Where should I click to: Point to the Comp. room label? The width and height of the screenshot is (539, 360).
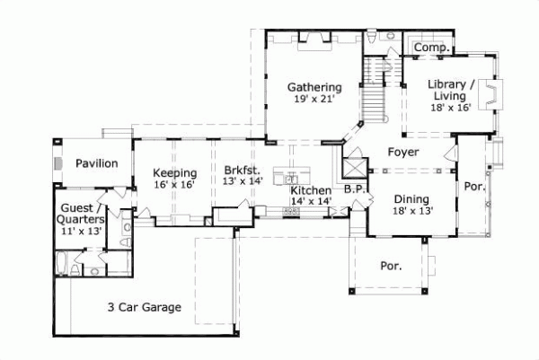click(433, 47)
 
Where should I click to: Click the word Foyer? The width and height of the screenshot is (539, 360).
click(402, 152)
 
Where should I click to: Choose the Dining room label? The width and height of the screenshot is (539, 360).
click(411, 199)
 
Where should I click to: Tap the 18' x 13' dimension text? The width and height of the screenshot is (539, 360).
click(411, 211)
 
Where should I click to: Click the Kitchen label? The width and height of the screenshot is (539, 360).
click(310, 191)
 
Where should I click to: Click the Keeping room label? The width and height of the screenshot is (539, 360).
click(174, 172)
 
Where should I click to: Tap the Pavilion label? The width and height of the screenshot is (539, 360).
click(96, 163)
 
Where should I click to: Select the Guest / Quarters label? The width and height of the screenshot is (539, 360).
click(80, 213)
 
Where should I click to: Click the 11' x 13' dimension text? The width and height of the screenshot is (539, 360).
click(80, 231)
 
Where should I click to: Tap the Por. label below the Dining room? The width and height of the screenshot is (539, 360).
click(391, 266)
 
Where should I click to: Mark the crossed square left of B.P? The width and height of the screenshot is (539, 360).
click(353, 166)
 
